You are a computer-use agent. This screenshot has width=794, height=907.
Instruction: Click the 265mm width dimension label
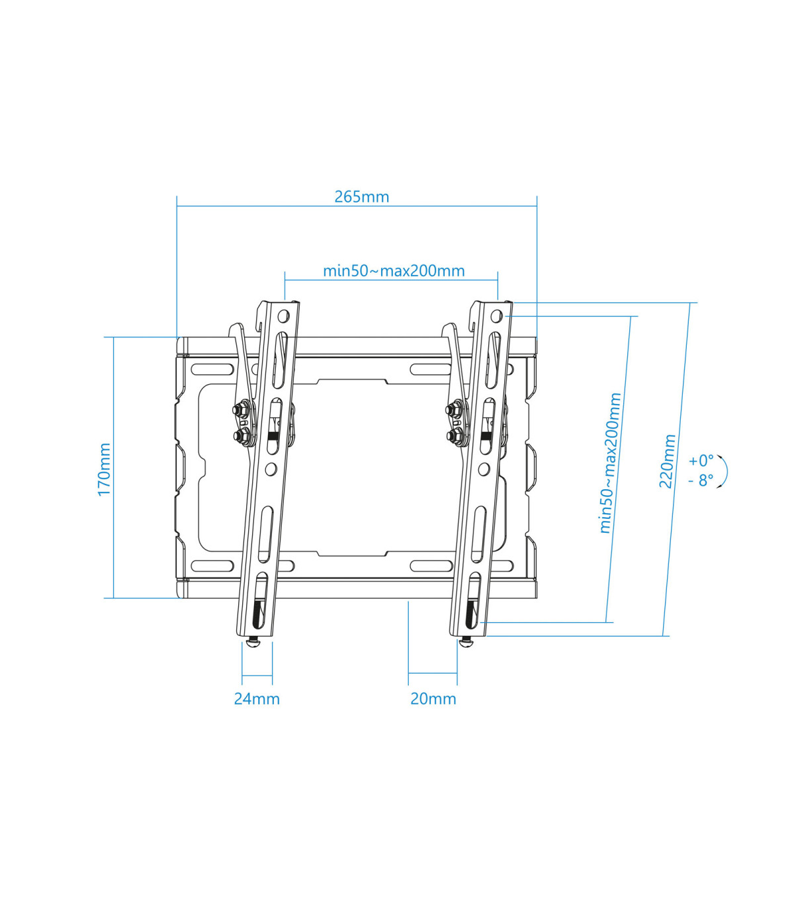(x=361, y=196)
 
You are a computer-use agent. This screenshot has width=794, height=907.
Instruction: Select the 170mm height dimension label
(x=105, y=469)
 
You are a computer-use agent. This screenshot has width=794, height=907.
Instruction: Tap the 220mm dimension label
(x=667, y=461)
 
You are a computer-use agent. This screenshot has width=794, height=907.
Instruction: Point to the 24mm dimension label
(x=257, y=699)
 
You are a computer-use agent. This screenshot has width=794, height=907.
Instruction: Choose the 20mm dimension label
(x=433, y=699)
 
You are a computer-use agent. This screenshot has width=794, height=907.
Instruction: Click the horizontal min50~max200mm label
(x=394, y=271)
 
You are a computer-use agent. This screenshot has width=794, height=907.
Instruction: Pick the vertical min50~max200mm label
(x=610, y=463)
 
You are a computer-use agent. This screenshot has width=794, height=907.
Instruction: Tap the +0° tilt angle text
(x=701, y=460)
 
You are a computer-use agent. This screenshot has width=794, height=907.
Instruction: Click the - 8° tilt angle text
(x=701, y=481)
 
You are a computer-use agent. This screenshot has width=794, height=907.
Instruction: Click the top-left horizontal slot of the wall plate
(x=212, y=369)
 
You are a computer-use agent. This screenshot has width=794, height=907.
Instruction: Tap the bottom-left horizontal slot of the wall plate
(x=212, y=566)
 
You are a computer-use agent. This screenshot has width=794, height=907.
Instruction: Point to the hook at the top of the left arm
(x=236, y=329)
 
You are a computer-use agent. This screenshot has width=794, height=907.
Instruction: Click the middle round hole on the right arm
(x=484, y=469)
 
